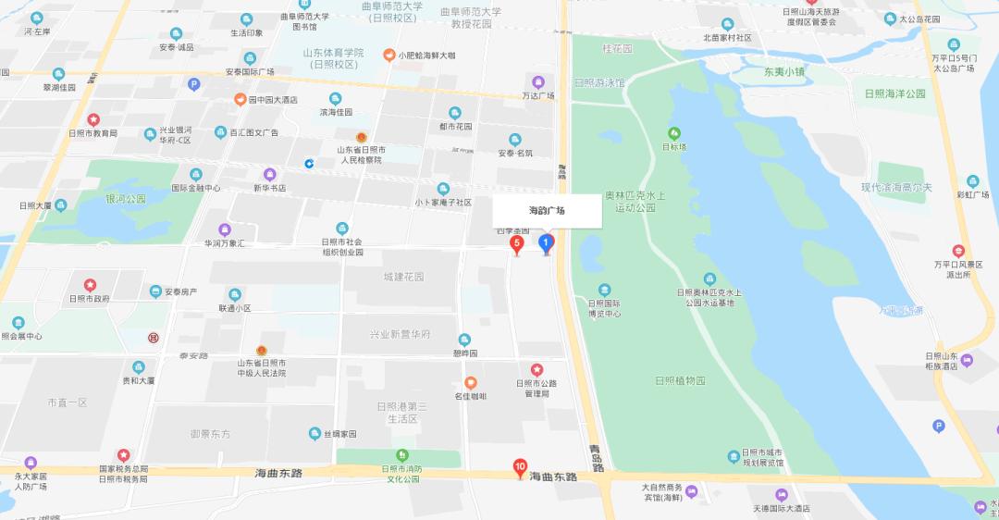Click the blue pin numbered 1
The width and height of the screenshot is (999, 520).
[x=547, y=243]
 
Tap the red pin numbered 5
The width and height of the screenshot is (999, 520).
[x=517, y=244]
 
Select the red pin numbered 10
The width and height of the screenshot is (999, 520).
[x=521, y=467]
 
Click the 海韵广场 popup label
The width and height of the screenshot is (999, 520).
[x=547, y=211]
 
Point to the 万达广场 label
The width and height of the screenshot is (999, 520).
[x=538, y=95]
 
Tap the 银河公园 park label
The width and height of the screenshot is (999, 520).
[x=126, y=199]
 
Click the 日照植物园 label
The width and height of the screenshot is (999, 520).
[x=680, y=380]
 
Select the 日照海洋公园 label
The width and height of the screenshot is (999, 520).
[x=894, y=93]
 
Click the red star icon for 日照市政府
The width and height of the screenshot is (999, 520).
[x=90, y=284]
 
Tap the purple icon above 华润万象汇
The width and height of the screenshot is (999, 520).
[x=225, y=229]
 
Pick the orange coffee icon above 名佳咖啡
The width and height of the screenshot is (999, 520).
[x=470, y=382]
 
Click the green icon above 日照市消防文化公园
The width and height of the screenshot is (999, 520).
[x=402, y=454]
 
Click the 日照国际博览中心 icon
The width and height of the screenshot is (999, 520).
[x=604, y=290]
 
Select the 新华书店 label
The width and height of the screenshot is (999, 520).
[x=270, y=188]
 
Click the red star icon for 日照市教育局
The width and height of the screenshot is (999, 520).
[x=92, y=119]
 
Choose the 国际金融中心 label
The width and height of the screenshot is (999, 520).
[x=196, y=188]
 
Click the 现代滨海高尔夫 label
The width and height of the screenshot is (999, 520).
[x=896, y=188]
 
